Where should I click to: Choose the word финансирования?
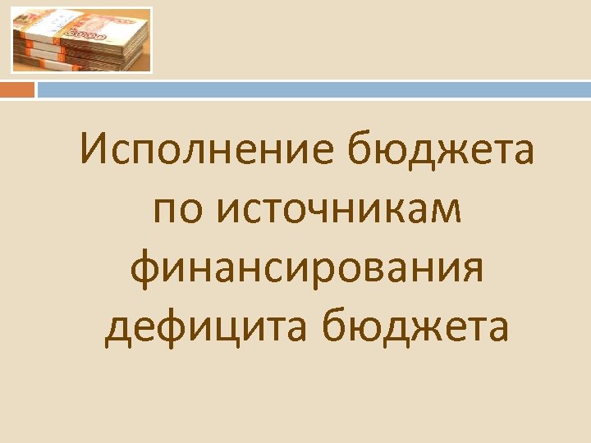point(306,270)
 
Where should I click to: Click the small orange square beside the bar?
point(17,89)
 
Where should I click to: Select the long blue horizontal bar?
point(313,89)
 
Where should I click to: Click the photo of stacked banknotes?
point(81,40)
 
